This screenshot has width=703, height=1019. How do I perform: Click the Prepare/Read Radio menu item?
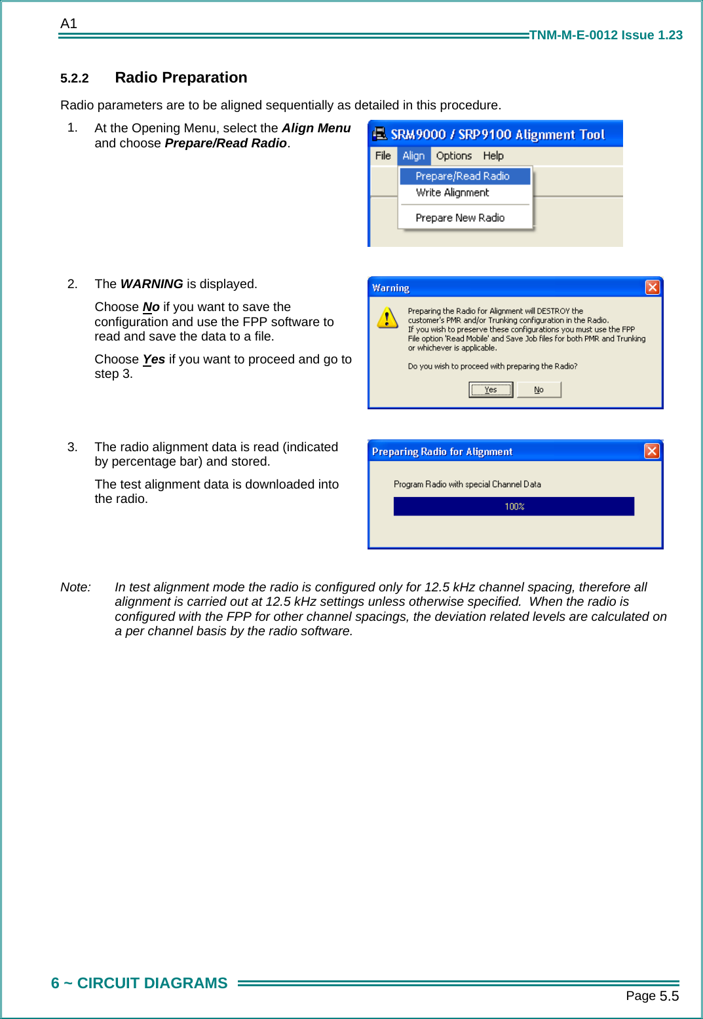[463, 176]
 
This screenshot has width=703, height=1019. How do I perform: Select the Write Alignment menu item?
[452, 193]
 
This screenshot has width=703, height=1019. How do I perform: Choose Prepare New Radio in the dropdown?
[460, 217]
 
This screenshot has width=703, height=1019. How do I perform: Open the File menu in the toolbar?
[383, 156]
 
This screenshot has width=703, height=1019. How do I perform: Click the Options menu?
[453, 156]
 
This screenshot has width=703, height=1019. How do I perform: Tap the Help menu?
[493, 156]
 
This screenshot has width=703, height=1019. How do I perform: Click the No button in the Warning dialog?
[539, 390]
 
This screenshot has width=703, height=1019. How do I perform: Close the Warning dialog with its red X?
[652, 287]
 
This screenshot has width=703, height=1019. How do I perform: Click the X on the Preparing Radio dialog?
[651, 451]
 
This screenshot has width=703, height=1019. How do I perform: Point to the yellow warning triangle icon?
[387, 318]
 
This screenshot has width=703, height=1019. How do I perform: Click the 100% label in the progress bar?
[514, 506]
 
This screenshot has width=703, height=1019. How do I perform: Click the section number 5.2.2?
[75, 79]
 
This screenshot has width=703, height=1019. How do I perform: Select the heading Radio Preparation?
[181, 77]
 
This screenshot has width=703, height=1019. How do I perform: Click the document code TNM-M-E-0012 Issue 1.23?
[605, 35]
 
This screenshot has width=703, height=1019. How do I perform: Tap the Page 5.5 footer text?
[652, 996]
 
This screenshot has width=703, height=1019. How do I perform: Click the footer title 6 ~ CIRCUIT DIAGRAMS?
[140, 983]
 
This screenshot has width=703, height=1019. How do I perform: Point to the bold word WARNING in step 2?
[151, 284]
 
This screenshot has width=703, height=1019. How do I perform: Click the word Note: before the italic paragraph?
[75, 587]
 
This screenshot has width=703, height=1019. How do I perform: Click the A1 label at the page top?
[69, 24]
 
